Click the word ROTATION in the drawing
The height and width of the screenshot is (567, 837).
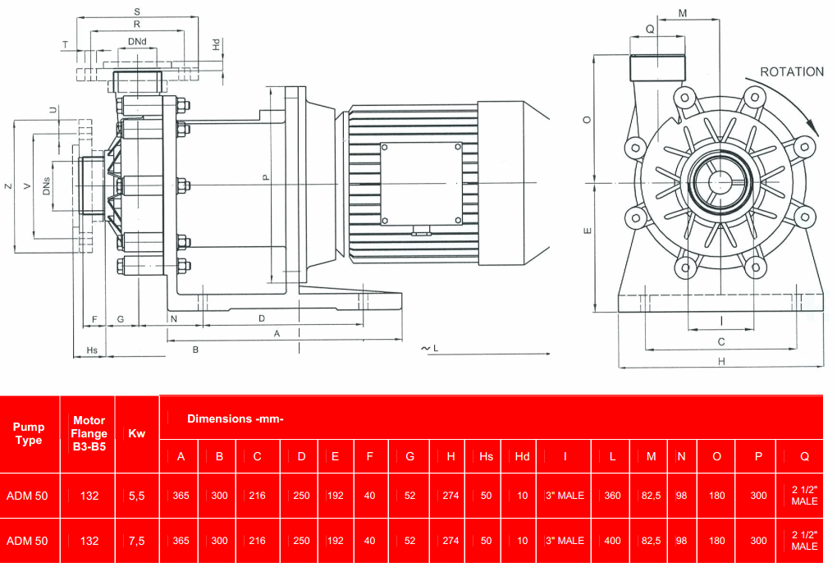tap(791, 72)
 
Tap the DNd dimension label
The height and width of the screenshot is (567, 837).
tap(137, 41)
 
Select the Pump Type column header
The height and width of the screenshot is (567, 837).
tap(29, 433)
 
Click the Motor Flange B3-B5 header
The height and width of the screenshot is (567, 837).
tap(89, 433)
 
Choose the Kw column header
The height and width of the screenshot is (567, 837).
tap(136, 433)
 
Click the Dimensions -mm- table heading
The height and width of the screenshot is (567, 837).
tap(235, 418)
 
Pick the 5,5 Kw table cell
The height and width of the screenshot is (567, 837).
tap(136, 496)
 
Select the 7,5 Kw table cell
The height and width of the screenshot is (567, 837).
tap(136, 541)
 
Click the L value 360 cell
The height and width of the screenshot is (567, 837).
tap(612, 496)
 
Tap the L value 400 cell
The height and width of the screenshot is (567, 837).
tap(612, 541)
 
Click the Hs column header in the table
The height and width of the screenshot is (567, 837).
tap(486, 456)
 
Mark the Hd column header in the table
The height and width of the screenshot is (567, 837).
tap(522, 456)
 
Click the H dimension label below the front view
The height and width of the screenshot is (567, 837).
tap(721, 361)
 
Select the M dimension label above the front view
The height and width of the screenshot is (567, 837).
tap(682, 13)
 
